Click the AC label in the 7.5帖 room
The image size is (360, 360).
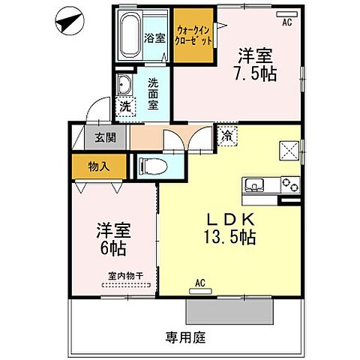pyautogui.click(x=286, y=22)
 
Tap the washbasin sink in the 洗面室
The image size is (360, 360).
pyautogui.click(x=124, y=84)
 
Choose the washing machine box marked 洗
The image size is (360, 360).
pyautogui.click(x=125, y=106)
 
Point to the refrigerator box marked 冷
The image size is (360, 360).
pyautogui.click(x=225, y=137)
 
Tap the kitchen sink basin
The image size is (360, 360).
pyautogui.click(x=253, y=184)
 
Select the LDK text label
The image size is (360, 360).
pyautogui.click(x=230, y=220)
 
